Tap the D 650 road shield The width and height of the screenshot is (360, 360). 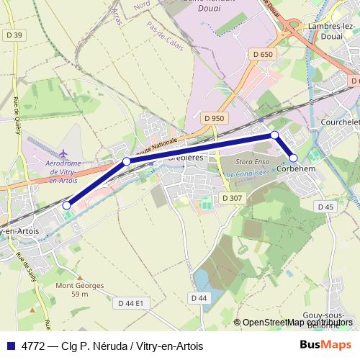click(x=263, y=54)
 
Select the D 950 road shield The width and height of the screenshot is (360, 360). click(x=215, y=118)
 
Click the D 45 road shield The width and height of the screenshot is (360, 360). click(x=325, y=207)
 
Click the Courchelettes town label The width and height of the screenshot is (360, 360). click(x=338, y=122)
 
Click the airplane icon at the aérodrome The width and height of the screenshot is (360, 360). click(x=65, y=153)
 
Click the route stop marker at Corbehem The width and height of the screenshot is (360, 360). click(x=294, y=158)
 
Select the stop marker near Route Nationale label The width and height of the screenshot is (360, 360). click(x=127, y=161)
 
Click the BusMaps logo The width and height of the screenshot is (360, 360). click(x=325, y=345)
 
